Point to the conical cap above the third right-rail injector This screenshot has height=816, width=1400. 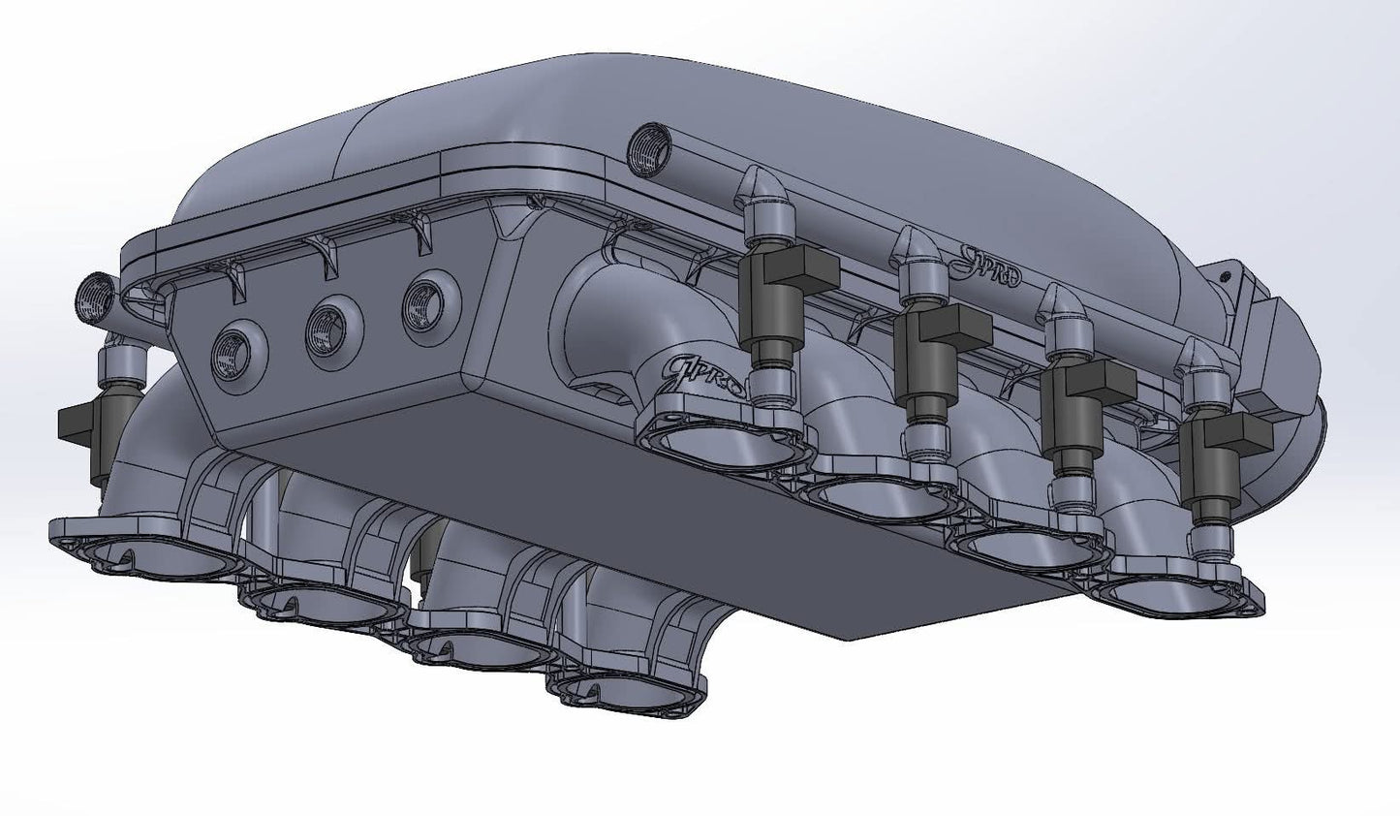[1059, 305]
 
